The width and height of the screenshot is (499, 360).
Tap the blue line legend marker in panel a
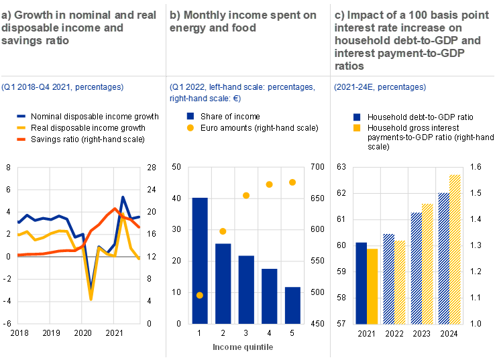click(21, 116)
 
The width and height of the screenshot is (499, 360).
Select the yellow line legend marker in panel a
click(21, 127)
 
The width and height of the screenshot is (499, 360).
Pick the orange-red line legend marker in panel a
click(21, 139)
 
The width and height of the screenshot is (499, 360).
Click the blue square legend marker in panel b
click(190, 116)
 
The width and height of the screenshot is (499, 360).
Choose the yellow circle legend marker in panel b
click(190, 127)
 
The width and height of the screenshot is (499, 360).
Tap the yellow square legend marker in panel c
click(357, 127)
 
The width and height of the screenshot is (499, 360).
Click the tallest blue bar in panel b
click(200, 260)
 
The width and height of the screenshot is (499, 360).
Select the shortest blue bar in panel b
click(292, 305)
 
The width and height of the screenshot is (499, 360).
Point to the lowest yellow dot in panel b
click(200, 295)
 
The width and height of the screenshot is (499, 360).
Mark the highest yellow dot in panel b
click(292, 182)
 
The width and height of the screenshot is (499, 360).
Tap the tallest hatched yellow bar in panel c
click(455, 249)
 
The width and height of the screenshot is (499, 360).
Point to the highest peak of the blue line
click(123, 198)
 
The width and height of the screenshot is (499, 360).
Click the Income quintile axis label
click(243, 347)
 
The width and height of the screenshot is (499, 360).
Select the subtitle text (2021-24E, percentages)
click(380, 88)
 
